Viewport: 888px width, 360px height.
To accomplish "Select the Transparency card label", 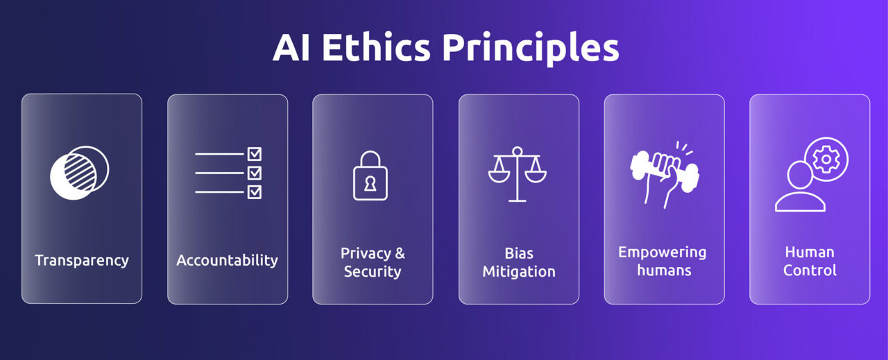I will [82, 261].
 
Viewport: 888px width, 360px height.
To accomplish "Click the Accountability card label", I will [227, 261].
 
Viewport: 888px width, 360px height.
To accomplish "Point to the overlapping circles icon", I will [79, 173].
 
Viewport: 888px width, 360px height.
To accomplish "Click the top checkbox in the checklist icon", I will [255, 154].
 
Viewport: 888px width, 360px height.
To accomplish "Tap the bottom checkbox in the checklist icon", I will [255, 191].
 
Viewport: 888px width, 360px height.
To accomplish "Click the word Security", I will [373, 271].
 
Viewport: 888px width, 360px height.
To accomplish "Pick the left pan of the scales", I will [499, 176].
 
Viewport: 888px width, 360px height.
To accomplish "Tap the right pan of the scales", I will [536, 176].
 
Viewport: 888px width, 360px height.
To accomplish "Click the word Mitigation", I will [519, 271].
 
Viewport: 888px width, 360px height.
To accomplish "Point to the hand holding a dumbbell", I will [663, 173].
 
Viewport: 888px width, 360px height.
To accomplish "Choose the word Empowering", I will [663, 252].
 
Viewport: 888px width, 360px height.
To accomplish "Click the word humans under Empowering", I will [664, 271].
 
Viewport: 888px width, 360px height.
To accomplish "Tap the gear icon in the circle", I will [826, 160].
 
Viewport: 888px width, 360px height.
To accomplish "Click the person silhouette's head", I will [798, 174].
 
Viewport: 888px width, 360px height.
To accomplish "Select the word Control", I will [810, 271].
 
